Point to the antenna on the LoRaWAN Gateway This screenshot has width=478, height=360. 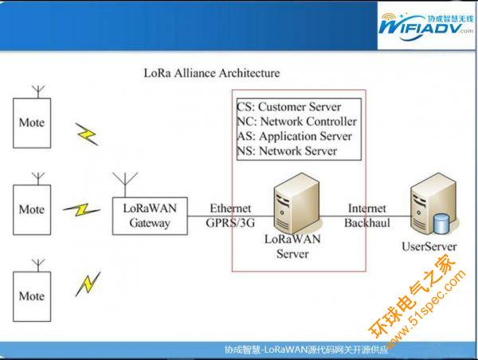125,185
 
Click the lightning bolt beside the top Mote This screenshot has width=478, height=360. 87,134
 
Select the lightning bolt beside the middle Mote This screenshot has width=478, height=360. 81,209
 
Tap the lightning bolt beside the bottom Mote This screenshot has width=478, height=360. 88,284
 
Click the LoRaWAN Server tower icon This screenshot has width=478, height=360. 296,203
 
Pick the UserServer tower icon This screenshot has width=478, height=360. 433,204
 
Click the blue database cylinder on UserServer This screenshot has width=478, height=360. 441,224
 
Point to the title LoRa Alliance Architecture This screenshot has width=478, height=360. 212,73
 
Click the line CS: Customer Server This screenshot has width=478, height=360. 288,107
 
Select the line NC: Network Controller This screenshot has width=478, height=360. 296,122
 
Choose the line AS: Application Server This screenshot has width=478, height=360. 295,136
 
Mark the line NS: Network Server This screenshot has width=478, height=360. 287,151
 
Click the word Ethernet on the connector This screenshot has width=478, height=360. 230,209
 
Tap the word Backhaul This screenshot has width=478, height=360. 367,223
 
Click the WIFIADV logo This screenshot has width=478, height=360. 426,27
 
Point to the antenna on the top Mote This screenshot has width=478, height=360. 38,92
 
